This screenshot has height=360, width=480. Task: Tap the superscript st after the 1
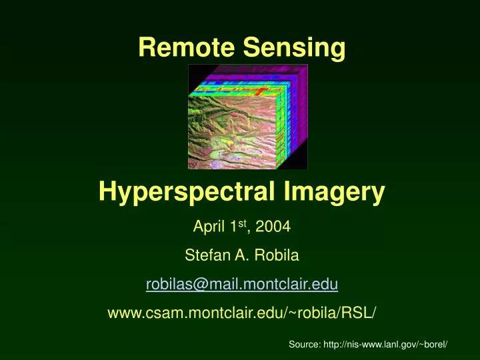[245, 223]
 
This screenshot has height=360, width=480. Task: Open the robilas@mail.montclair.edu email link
[242, 285]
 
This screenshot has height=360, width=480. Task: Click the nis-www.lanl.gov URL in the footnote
[387, 344]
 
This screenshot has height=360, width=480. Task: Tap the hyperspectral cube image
[247, 116]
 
